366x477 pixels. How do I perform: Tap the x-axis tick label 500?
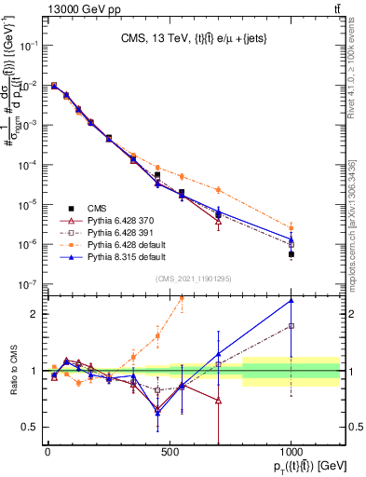(x=169, y=454)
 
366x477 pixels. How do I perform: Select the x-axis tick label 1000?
(x=291, y=454)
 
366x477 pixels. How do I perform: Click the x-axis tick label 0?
(x=47, y=454)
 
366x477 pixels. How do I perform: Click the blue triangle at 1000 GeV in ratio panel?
(x=291, y=300)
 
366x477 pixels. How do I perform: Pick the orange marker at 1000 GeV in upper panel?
(x=291, y=226)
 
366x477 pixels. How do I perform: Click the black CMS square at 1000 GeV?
(x=291, y=253)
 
